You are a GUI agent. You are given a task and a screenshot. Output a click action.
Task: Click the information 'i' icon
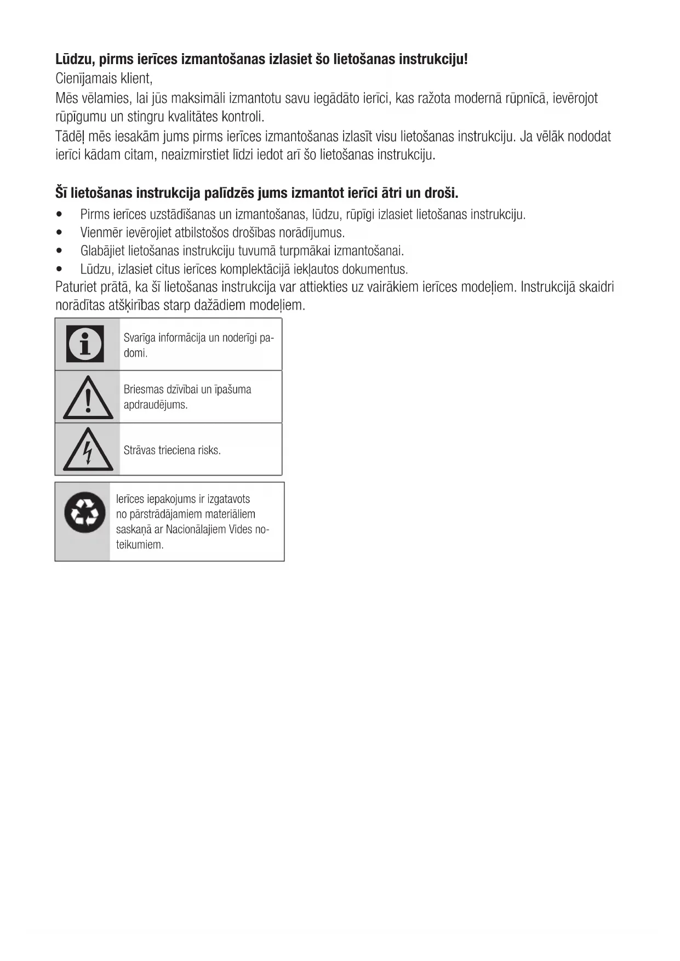pyautogui.click(x=85, y=344)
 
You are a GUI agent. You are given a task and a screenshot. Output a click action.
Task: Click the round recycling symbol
pyautogui.click(x=85, y=513)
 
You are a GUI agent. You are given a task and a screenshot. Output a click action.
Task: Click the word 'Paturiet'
pyautogui.click(x=76, y=287)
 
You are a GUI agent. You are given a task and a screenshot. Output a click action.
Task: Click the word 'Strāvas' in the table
pyautogui.click(x=139, y=450)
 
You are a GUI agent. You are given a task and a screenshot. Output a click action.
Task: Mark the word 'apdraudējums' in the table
pyautogui.click(x=155, y=405)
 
